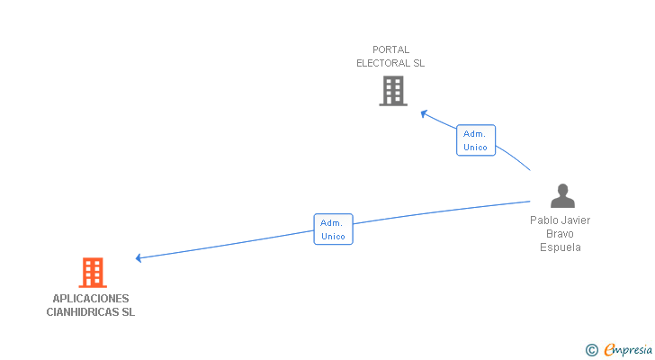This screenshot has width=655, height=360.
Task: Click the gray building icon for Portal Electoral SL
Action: tap(392, 91)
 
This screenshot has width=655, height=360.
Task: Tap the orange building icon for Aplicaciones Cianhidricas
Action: tap(93, 272)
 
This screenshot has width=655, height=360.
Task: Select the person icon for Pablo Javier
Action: tap(562, 195)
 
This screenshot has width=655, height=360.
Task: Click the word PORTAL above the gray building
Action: tap(390, 49)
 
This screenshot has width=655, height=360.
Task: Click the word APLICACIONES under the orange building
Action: tap(90, 299)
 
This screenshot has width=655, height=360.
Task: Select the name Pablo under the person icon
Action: tap(544, 220)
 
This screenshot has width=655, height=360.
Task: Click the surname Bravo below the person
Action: tap(561, 234)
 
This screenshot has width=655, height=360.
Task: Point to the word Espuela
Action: tap(561, 247)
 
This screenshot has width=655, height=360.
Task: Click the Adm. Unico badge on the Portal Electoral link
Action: tap(475, 140)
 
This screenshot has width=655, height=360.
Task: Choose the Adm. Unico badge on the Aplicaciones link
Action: tap(333, 229)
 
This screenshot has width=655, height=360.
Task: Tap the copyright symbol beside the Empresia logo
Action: tap(592, 350)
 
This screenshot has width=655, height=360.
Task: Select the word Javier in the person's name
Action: tap(578, 220)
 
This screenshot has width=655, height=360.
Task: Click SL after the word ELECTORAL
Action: tap(418, 64)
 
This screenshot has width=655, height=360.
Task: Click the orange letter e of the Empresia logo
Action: tap(609, 350)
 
